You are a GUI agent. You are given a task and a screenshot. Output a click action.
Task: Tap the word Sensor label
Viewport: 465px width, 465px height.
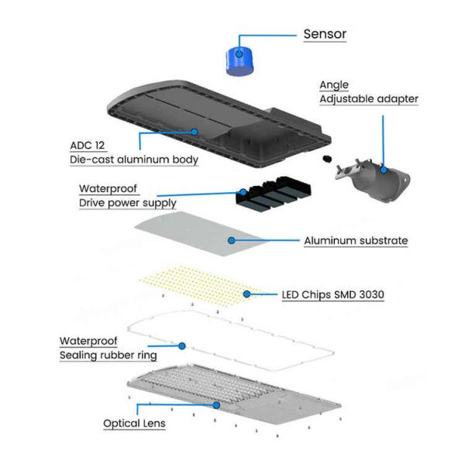click(x=324, y=34)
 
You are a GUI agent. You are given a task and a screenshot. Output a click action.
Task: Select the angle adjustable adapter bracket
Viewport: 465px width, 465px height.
click(x=373, y=177)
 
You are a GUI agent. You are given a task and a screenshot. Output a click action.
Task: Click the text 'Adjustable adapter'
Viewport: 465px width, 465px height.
click(x=368, y=99)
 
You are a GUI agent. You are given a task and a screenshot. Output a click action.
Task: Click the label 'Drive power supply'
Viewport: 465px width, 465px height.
click(x=127, y=203)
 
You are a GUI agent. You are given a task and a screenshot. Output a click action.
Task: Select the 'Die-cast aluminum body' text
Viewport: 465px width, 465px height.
click(x=131, y=160)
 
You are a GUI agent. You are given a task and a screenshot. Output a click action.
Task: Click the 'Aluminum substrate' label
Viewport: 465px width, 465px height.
click(x=355, y=240)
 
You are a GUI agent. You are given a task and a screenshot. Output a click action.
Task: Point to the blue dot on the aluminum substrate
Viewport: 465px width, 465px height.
click(x=230, y=240)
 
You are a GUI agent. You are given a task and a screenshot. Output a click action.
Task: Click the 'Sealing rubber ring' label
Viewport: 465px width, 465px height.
click(x=108, y=356)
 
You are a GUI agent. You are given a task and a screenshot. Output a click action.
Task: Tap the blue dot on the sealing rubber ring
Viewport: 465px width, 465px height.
click(x=181, y=345)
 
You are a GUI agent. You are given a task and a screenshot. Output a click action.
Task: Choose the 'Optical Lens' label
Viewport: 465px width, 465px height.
click(x=134, y=424)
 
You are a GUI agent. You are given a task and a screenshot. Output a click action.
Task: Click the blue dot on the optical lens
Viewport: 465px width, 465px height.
click(x=216, y=405)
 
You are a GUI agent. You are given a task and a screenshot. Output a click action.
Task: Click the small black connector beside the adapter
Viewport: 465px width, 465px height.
click(x=327, y=158)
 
